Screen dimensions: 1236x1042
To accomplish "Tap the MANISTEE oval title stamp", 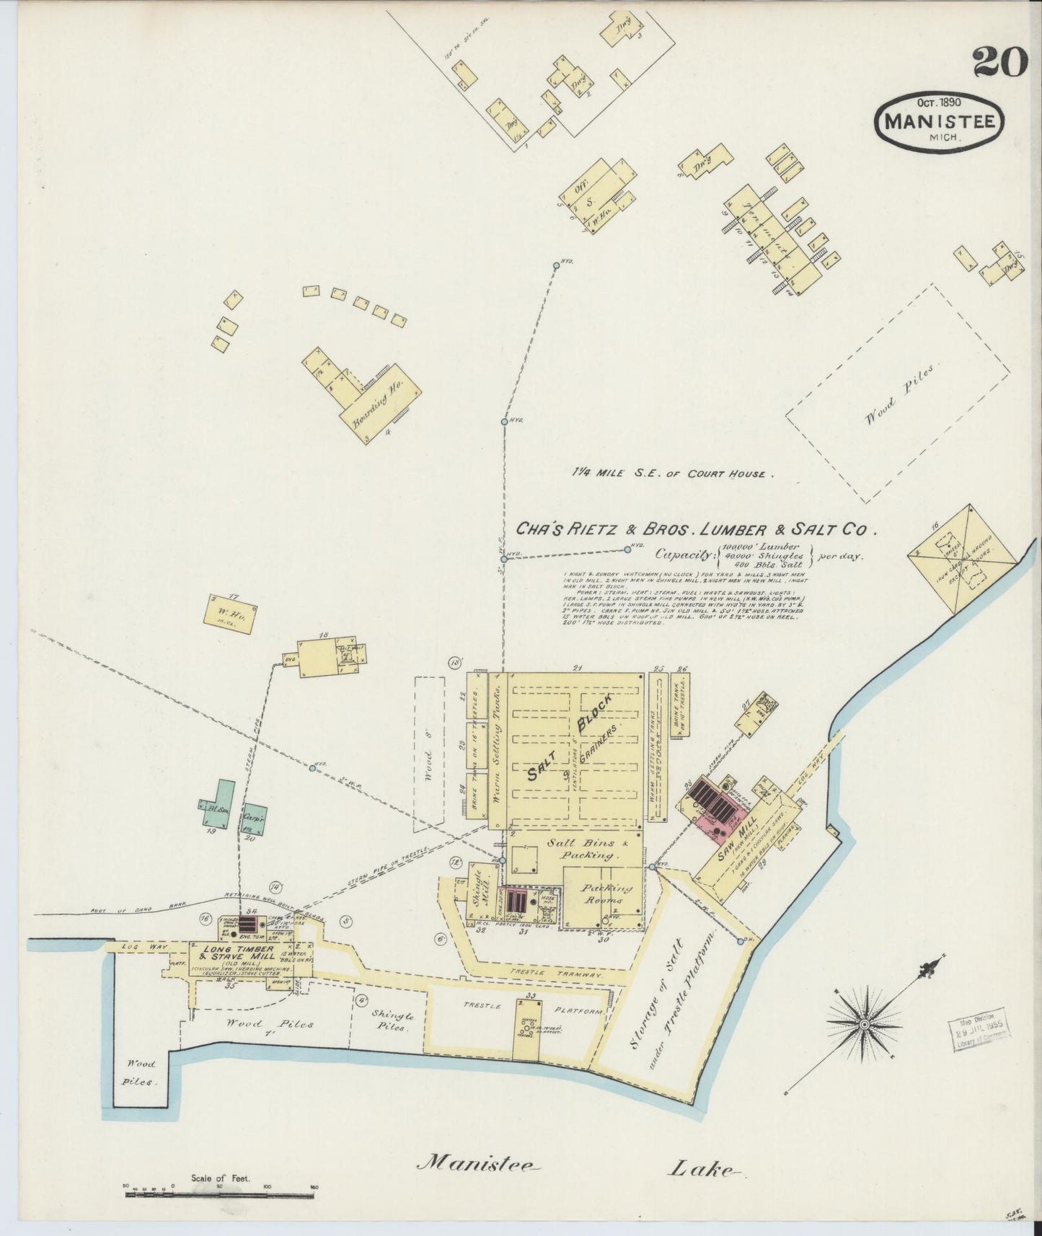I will [939, 120].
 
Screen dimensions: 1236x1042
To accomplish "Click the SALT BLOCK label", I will [569, 738].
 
